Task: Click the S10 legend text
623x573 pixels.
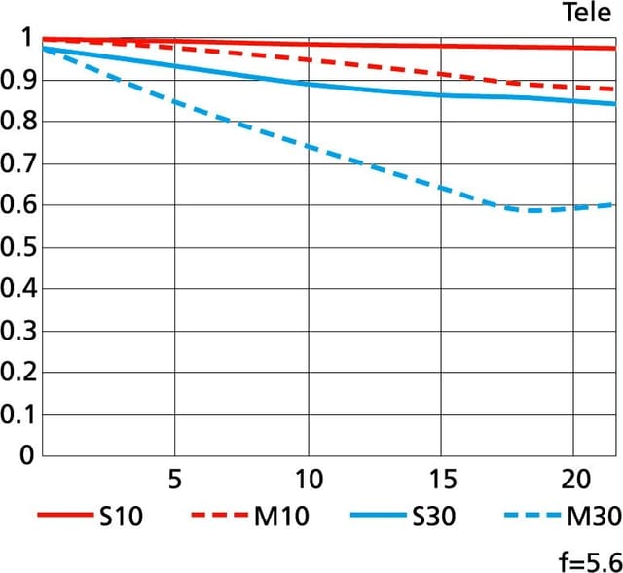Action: coord(121,517)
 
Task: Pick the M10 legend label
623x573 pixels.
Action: coord(281,517)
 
